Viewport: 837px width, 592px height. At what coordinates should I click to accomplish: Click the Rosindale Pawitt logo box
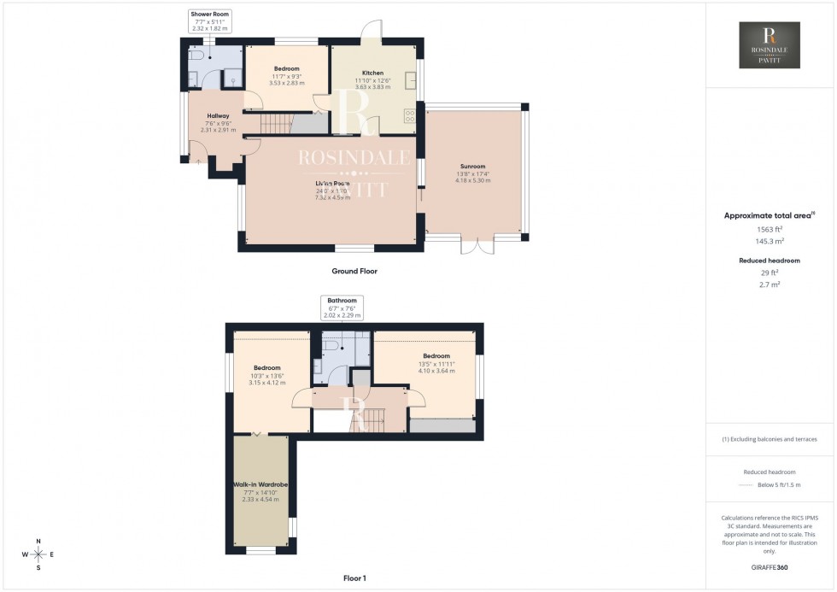[x=770, y=46]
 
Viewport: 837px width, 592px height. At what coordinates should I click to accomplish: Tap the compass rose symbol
[x=39, y=554]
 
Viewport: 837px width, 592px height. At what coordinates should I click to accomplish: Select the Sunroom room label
[x=471, y=167]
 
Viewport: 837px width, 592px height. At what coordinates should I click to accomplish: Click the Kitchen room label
[x=372, y=73]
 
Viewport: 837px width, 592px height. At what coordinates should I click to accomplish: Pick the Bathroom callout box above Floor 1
[x=342, y=308]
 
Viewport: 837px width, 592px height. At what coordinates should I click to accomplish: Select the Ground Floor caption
[x=354, y=271]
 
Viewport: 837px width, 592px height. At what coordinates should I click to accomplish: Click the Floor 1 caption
[x=354, y=578]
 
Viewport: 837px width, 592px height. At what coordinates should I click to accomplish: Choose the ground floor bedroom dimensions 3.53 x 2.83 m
[x=287, y=83]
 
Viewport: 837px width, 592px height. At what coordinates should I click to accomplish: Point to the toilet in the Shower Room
[x=197, y=55]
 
